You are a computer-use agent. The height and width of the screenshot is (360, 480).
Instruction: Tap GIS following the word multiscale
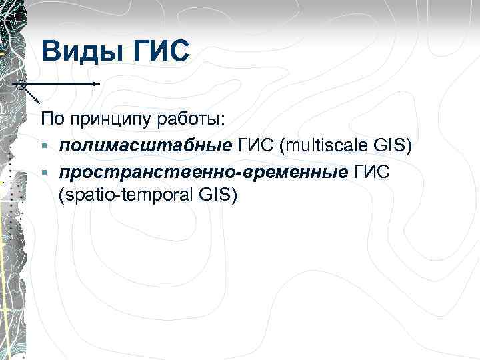pyautogui.click(x=394, y=145)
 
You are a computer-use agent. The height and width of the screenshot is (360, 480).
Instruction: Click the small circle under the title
pyautogui.click(x=20, y=85)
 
